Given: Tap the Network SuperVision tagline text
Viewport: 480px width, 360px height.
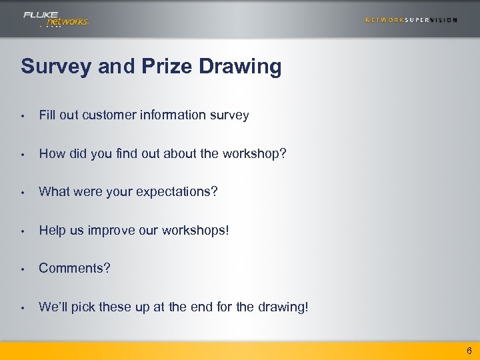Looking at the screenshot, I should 411,20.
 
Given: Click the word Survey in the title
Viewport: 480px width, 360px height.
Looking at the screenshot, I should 57,67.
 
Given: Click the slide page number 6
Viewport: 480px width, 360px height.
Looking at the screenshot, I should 469,351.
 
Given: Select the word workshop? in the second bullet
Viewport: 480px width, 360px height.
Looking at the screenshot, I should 257,153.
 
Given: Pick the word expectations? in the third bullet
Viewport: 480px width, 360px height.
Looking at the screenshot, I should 177,192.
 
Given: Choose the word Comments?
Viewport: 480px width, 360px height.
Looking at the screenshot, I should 75,268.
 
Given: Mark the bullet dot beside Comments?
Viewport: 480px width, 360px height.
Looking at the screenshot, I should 23,269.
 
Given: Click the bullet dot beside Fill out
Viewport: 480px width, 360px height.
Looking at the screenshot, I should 23,116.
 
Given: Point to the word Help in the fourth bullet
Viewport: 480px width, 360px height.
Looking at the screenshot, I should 52,230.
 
